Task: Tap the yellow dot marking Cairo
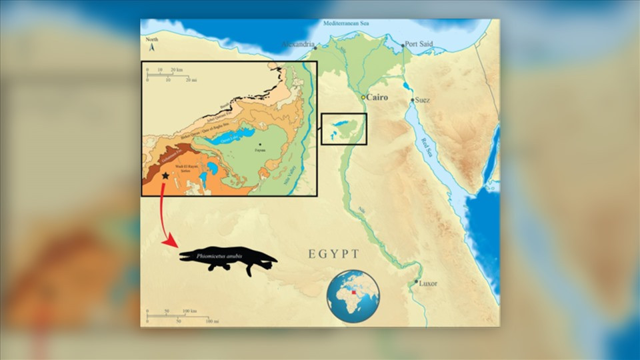[x=363, y=97]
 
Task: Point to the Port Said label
[x=419, y=45]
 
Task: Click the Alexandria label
[x=297, y=45]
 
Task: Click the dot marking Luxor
[x=416, y=283]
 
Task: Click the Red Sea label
[x=429, y=149]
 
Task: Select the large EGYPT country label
[x=333, y=254]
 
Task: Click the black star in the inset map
[x=165, y=175]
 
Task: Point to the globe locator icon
[x=353, y=296]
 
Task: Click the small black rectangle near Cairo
[x=344, y=129]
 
